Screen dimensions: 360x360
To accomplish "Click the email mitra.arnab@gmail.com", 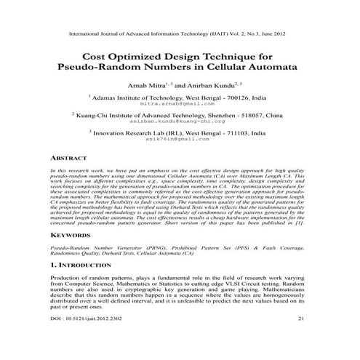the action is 179,104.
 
